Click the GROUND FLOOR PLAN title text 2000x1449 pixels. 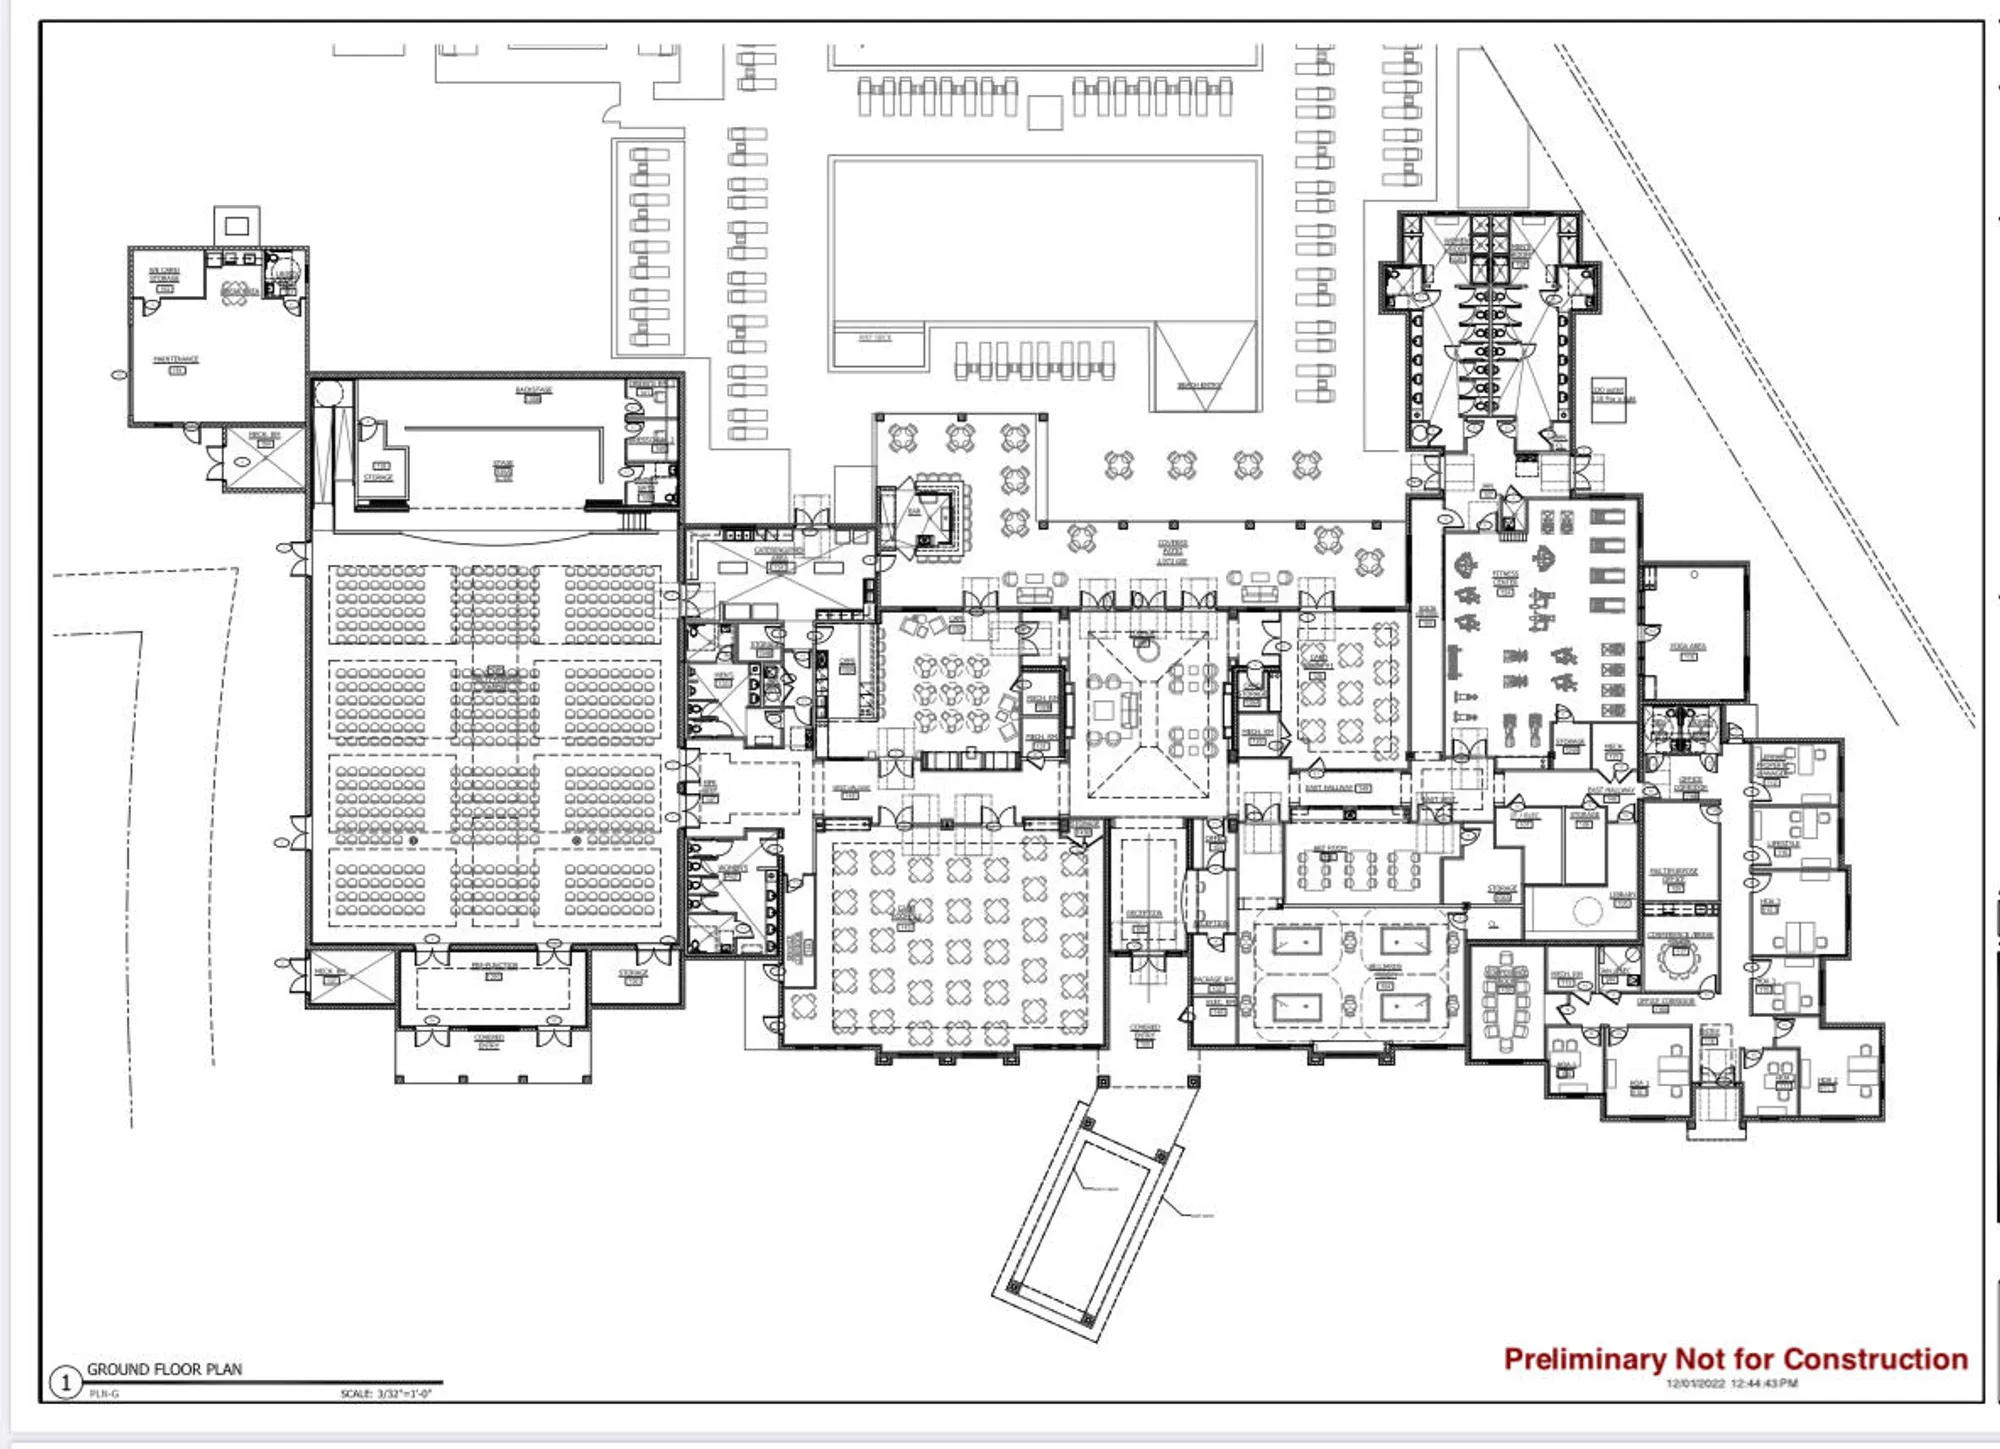click(x=164, y=1369)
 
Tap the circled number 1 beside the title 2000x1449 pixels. click(x=66, y=1383)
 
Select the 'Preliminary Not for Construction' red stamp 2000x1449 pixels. click(x=1735, y=1359)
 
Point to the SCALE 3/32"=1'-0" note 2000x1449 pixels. click(x=385, y=1393)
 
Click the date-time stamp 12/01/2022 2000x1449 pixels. click(x=1731, y=1384)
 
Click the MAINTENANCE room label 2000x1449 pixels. click(x=176, y=359)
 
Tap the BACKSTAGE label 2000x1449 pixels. click(x=533, y=390)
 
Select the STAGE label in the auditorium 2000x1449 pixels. click(x=503, y=467)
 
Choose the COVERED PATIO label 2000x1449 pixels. click(x=1172, y=551)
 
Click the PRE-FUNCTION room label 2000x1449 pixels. click(x=494, y=966)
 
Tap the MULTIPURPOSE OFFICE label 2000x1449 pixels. click(x=1674, y=874)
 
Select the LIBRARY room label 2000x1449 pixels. click(x=1622, y=895)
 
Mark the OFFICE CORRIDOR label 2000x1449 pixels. click(x=1665, y=1002)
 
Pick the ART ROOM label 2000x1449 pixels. click(x=1330, y=849)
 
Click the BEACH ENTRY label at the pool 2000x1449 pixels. click(x=1199, y=385)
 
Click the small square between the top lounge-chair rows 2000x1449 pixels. click(x=1045, y=112)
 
